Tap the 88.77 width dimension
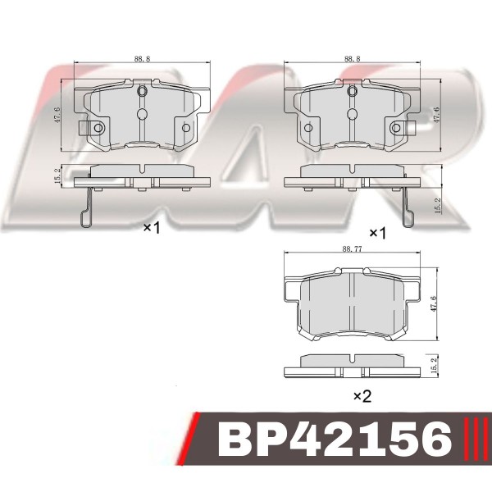[352, 248]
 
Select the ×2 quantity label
[362, 396]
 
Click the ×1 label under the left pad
[152, 228]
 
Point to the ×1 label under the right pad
[378, 233]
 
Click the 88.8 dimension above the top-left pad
[142, 59]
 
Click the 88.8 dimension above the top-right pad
[352, 59]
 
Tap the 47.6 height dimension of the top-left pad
[57, 115]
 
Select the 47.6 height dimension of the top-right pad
[437, 115]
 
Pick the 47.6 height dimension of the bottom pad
[434, 303]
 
